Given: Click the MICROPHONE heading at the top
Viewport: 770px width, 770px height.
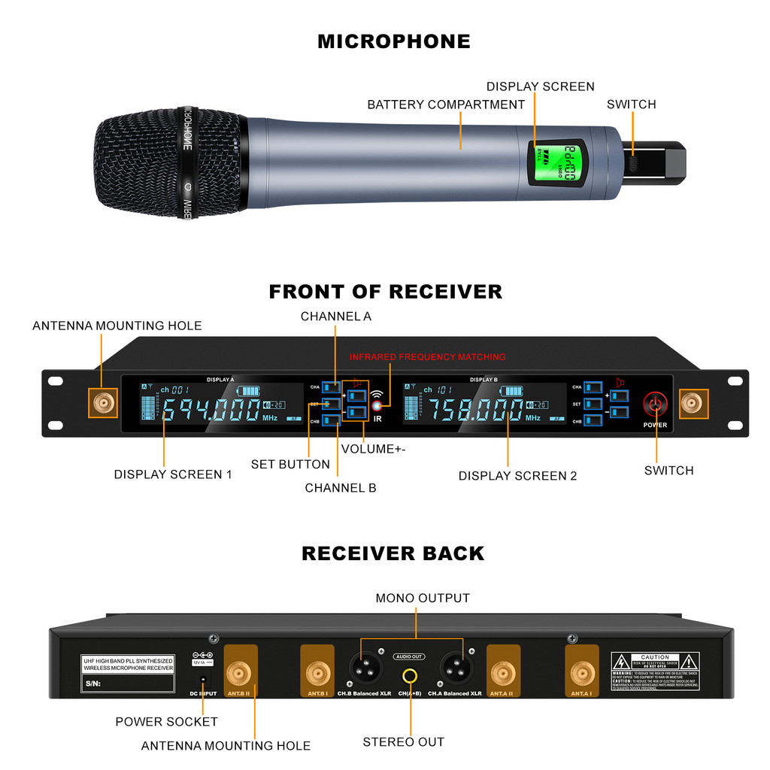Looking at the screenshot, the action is [x=393, y=41].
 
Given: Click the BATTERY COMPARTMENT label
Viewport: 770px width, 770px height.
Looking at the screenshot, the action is [x=446, y=105].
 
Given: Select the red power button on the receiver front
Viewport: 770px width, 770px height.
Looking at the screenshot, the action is [x=655, y=405].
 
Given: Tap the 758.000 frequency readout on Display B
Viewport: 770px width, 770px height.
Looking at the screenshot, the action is [x=475, y=411].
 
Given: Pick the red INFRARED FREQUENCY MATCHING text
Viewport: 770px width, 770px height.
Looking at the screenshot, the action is [x=427, y=356].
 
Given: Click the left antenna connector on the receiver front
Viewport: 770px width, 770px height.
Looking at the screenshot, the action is [x=102, y=405].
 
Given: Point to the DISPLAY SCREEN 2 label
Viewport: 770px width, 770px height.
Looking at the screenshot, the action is [x=517, y=476].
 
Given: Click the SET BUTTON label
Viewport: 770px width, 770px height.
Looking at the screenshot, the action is [x=290, y=465].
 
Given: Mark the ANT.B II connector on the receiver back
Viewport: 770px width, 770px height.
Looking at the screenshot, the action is [x=240, y=671].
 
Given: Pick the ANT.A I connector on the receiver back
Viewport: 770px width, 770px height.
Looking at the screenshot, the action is [x=581, y=671].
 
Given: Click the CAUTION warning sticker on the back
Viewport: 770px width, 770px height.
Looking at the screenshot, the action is [x=655, y=671].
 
